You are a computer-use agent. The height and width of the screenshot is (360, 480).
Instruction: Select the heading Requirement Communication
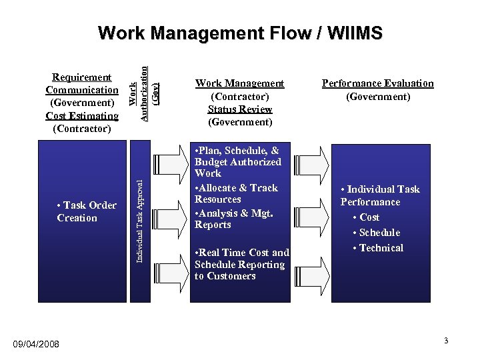(x=82, y=83)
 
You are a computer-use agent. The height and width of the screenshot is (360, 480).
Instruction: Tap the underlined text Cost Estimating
(x=82, y=115)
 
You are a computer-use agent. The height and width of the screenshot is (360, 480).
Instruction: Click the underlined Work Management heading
(x=239, y=83)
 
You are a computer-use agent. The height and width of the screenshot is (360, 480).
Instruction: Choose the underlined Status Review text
(x=239, y=109)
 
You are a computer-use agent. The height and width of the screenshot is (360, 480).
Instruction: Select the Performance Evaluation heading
(x=377, y=83)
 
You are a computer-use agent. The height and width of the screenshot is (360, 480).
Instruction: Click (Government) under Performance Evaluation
(x=377, y=97)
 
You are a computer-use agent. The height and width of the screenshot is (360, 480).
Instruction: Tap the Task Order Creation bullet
(x=87, y=211)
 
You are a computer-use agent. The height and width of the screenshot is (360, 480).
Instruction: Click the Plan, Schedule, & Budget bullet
(x=237, y=162)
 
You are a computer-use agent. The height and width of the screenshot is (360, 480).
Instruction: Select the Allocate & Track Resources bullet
(x=236, y=193)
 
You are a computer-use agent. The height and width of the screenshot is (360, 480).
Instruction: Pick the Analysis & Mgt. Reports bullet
(x=233, y=219)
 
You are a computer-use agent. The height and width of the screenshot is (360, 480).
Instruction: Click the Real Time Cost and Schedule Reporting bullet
(x=241, y=264)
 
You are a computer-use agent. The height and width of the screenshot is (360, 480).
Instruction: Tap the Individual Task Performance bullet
(x=380, y=195)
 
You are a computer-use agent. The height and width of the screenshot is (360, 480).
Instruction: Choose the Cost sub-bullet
(x=369, y=217)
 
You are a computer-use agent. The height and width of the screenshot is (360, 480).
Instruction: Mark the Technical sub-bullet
(x=381, y=248)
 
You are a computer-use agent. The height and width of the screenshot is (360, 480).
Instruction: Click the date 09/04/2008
(x=36, y=344)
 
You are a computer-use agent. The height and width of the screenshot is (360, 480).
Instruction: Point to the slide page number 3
(x=446, y=341)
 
